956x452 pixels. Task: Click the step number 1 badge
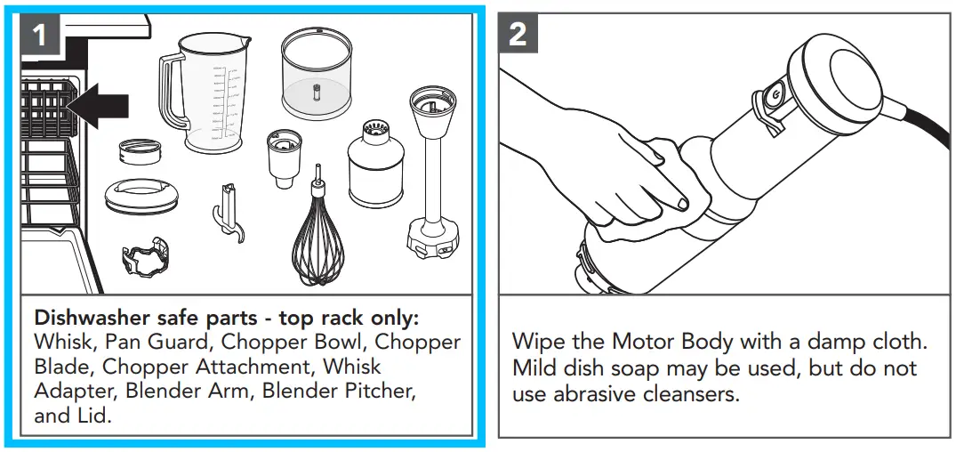(40, 35)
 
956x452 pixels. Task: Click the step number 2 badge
(518, 34)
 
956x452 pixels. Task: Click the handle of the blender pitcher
(171, 93)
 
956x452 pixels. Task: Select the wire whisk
(317, 240)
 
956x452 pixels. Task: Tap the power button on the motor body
(774, 95)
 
